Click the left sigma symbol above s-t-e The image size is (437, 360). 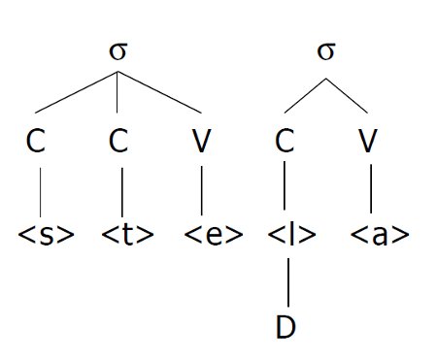click(118, 50)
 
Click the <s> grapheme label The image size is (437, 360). click(47, 235)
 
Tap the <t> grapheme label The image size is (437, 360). click(125, 235)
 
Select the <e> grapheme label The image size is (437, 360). click(212, 235)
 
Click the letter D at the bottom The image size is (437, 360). click(285, 327)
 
